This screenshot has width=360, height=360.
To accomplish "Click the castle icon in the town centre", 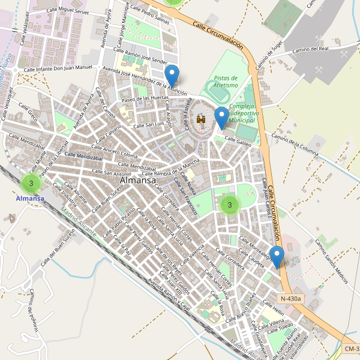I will [201, 120].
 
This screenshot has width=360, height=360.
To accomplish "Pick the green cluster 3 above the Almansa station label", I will [31, 182].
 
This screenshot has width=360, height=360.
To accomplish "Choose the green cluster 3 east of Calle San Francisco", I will [229, 205].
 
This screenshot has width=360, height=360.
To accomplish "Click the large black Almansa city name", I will [138, 180].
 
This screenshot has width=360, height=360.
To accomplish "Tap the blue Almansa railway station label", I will [30, 198].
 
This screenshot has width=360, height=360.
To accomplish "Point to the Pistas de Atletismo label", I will [226, 82].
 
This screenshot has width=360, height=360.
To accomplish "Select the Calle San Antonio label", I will [109, 173].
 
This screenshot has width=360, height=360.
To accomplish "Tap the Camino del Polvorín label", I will [33, 311].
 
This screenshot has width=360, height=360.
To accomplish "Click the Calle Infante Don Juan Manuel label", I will [58, 69].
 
